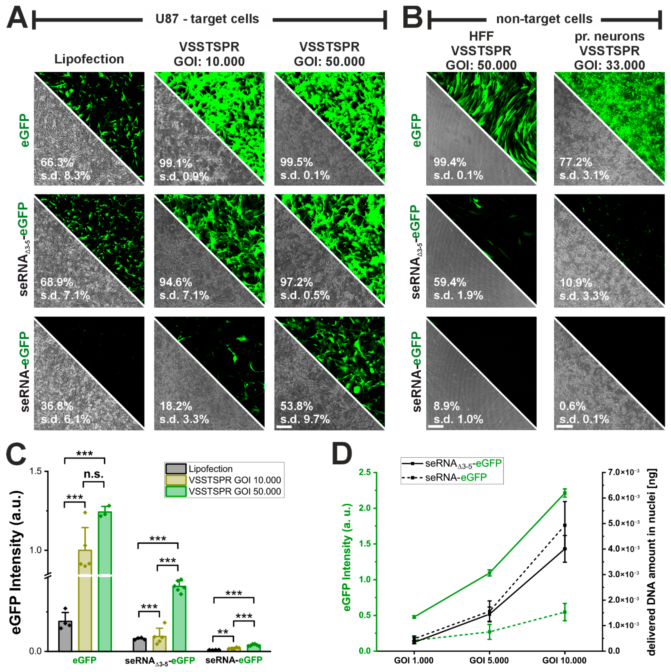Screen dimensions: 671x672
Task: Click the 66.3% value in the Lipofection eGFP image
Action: (x=57, y=162)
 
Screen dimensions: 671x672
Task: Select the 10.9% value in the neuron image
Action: (x=576, y=282)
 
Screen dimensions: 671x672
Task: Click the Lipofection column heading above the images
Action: (x=89, y=59)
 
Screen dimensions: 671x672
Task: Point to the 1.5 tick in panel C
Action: (x=36, y=472)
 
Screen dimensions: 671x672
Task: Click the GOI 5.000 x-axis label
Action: (x=489, y=660)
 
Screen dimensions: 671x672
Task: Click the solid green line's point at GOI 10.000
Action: (x=565, y=493)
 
